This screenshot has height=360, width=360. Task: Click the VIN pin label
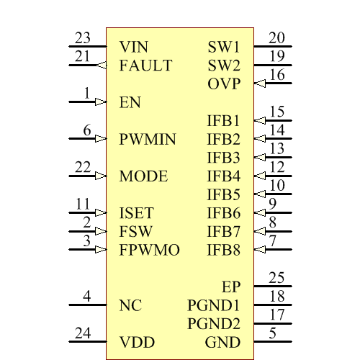[x=134, y=47]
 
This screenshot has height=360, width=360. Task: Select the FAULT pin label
[x=145, y=66]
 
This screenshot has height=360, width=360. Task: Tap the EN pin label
[x=130, y=103]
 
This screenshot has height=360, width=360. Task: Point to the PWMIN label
[x=148, y=140]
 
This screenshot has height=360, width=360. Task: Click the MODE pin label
[x=143, y=176]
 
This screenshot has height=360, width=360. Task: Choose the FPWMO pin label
[x=149, y=251]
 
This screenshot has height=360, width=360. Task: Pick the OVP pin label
[x=224, y=84]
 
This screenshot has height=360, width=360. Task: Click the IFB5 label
[x=223, y=194]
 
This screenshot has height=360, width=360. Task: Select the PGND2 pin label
[x=214, y=323]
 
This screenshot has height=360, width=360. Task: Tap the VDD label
[x=137, y=342]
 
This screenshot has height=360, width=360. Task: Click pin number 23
[x=83, y=38]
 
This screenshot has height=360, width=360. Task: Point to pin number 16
[x=277, y=76]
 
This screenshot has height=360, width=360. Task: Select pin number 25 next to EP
[x=277, y=278]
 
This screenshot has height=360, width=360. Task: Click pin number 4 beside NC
[x=87, y=297]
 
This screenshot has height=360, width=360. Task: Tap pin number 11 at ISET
[x=83, y=204]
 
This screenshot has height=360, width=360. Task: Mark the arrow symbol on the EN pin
[x=100, y=102]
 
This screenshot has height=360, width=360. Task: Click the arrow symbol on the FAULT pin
[x=100, y=65]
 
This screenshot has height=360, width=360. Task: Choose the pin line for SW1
[x=273, y=47]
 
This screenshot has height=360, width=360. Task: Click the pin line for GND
[x=273, y=342]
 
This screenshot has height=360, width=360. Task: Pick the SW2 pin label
[x=223, y=66]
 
